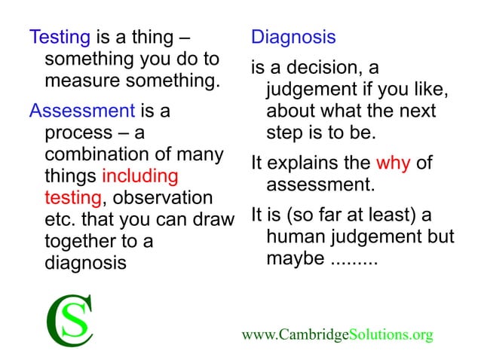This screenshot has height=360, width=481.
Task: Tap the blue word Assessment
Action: (x=81, y=111)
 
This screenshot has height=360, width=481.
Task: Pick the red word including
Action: (x=139, y=177)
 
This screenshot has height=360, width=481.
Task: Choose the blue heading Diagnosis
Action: (x=293, y=37)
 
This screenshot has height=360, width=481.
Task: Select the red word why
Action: (x=393, y=164)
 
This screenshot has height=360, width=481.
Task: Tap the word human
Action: (x=295, y=238)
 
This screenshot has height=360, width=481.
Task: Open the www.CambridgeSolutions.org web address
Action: (x=337, y=334)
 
